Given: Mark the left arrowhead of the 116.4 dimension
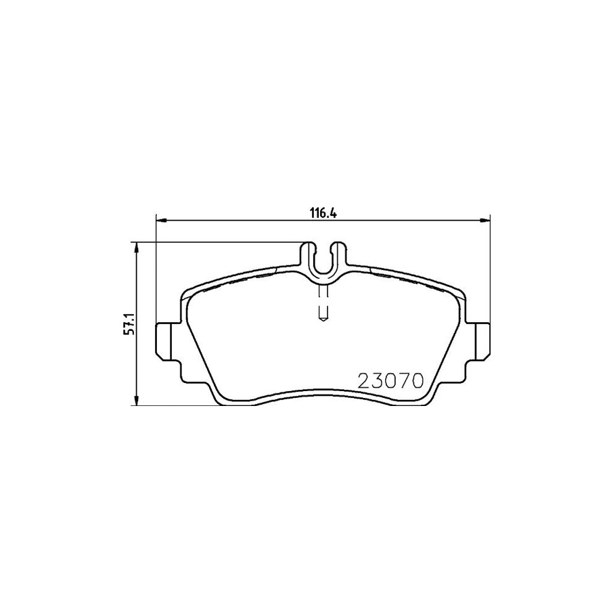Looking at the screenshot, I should pyautogui.click(x=160, y=219).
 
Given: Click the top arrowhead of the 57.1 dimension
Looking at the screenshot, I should pyautogui.click(x=138, y=247).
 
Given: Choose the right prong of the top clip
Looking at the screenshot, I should pyautogui.click(x=340, y=256).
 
